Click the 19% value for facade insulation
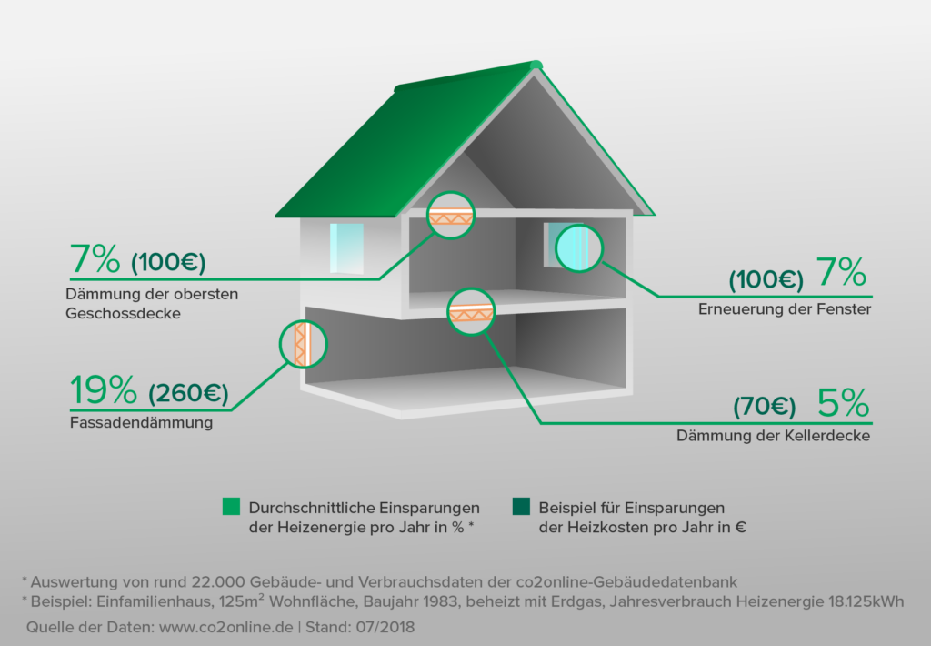pos(103,391)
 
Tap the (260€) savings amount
pos(188,394)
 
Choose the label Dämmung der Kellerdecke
pos(773,436)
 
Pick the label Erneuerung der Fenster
pos(785,309)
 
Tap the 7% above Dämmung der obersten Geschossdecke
pos(95,260)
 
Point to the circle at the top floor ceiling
pos(452,216)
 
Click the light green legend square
pos(231,507)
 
